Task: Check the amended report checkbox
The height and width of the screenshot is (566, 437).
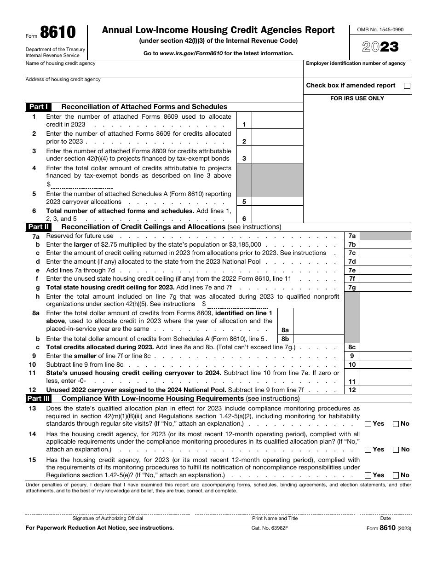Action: click(x=407, y=86)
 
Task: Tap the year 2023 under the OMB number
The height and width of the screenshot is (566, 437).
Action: click(x=380, y=47)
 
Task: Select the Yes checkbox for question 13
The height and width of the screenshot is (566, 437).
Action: click(x=368, y=424)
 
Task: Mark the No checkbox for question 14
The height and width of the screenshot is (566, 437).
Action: click(x=396, y=450)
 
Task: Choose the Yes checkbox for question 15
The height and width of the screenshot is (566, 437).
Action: click(x=368, y=475)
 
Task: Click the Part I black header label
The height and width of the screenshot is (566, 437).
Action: click(x=39, y=107)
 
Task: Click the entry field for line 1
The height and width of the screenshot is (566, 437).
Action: click(x=277, y=121)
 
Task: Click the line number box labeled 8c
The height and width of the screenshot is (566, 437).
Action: click(x=352, y=347)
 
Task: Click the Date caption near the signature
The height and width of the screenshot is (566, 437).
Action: click(x=385, y=518)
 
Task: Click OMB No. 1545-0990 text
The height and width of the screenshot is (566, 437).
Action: click(x=380, y=29)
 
